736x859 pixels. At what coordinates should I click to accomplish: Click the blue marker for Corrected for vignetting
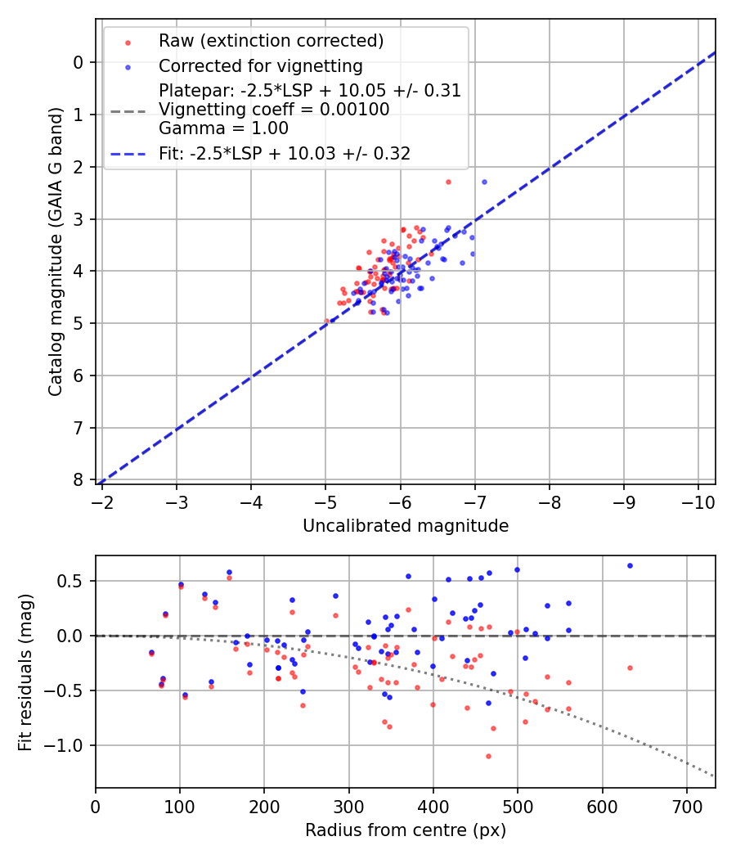[128, 66]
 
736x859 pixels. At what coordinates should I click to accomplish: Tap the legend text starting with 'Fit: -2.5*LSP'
[284, 153]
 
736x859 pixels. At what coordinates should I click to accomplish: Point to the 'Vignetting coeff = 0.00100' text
[273, 110]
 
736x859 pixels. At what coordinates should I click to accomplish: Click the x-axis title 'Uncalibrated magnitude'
[406, 526]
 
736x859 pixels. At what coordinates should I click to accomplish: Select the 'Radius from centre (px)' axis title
[406, 830]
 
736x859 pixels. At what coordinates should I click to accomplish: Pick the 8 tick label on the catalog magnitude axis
[79, 480]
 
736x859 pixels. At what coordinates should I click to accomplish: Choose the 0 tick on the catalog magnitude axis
[79, 62]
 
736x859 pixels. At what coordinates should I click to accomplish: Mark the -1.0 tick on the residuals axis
[69, 745]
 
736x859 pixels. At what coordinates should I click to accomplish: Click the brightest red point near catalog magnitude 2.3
[448, 182]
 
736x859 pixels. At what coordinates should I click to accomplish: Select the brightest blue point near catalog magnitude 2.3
[484, 182]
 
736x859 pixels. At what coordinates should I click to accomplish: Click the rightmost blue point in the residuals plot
[630, 565]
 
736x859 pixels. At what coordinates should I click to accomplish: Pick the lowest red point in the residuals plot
[488, 756]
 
